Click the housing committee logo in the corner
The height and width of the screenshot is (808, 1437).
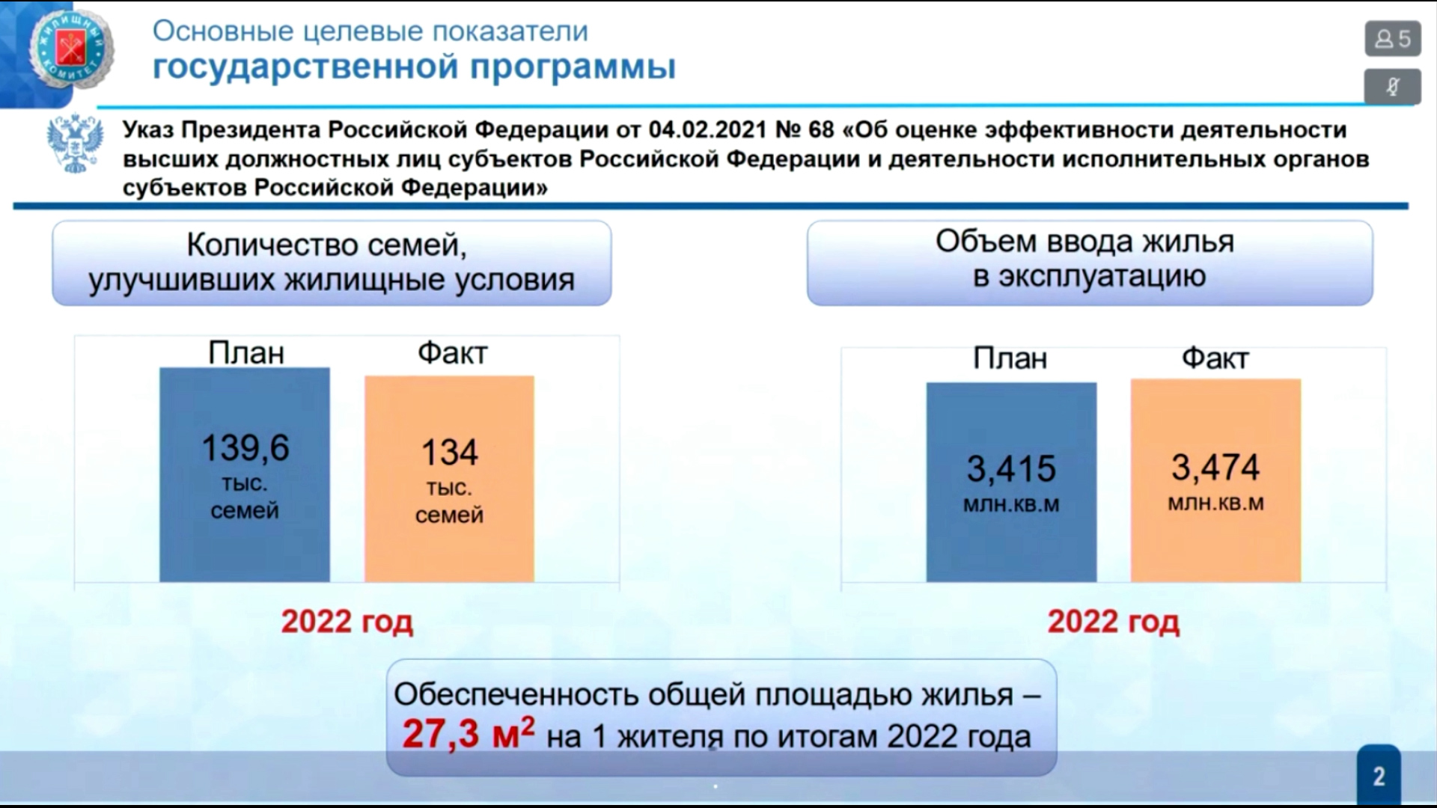click(x=71, y=50)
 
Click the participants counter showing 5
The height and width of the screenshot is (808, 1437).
click(x=1392, y=38)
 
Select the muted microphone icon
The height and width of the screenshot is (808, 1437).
click(x=1392, y=87)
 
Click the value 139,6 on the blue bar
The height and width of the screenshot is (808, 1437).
click(x=245, y=447)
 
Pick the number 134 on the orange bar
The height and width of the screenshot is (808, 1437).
click(x=449, y=452)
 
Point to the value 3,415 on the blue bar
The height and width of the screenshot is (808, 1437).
click(x=1011, y=469)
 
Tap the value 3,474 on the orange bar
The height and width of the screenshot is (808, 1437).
click(x=1215, y=468)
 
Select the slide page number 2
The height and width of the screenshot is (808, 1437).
click(x=1379, y=777)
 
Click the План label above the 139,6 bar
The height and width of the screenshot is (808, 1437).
click(x=246, y=352)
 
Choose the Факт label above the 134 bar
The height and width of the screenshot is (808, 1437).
click(x=452, y=352)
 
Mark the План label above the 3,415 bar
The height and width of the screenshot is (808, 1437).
click(x=1010, y=358)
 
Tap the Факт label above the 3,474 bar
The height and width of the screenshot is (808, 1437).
click(x=1215, y=358)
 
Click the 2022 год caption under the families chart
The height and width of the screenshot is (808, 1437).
click(x=347, y=622)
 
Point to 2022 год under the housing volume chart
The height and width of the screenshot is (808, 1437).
click(x=1114, y=622)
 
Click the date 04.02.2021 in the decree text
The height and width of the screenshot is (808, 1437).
click(x=707, y=129)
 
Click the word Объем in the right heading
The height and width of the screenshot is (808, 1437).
click(x=985, y=242)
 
